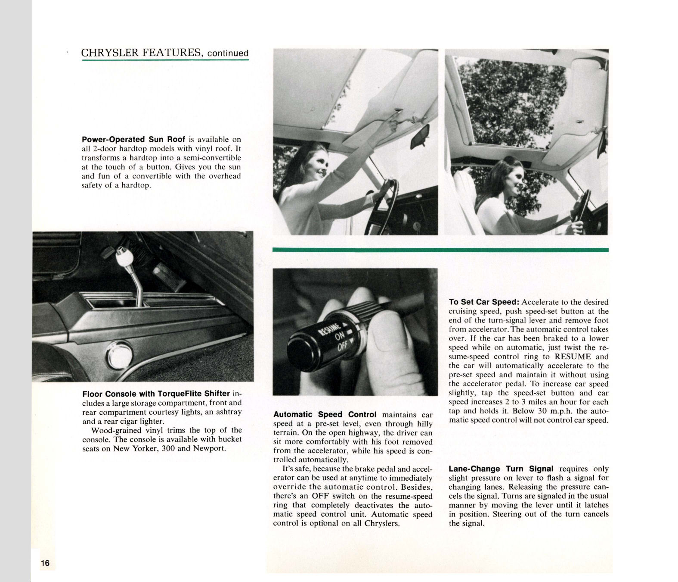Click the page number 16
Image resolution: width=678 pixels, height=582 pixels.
[45, 563]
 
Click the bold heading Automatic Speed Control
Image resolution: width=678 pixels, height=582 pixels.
[325, 414]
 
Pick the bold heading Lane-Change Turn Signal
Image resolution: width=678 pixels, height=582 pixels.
[501, 469]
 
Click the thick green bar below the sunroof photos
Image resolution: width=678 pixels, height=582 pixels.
[440, 250]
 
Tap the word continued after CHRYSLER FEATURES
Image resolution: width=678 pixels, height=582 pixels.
[228, 53]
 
